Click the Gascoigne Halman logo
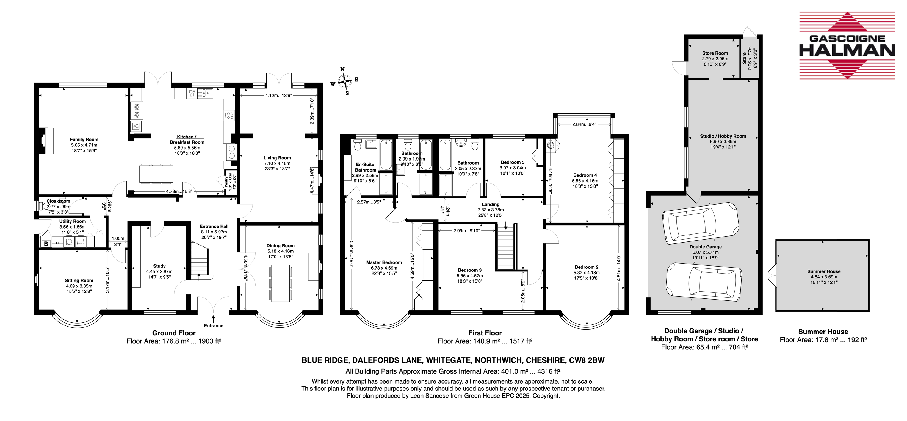click(847, 45)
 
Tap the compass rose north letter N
click(342, 69)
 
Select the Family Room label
click(84, 140)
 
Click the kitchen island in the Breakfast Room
click(190, 128)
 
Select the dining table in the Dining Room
click(281, 284)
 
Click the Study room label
click(159, 266)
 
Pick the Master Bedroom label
click(384, 262)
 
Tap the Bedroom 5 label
click(513, 162)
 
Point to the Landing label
click(491, 205)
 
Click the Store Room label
click(715, 53)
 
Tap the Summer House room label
click(824, 271)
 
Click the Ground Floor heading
click(174, 333)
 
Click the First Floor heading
click(485, 333)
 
